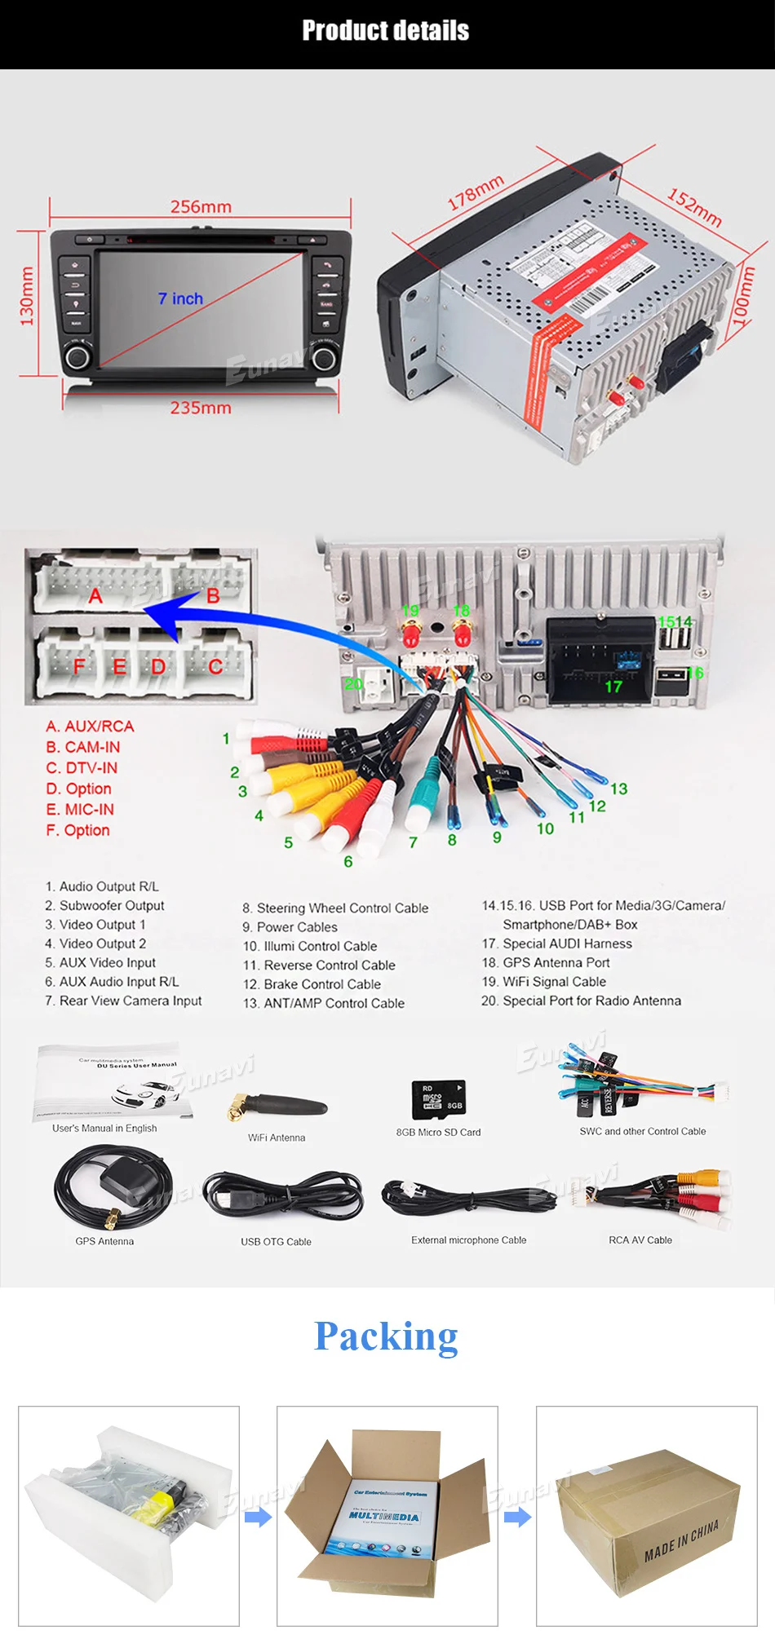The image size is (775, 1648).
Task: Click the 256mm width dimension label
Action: click(x=201, y=207)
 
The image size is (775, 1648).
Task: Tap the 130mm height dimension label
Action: click(x=27, y=296)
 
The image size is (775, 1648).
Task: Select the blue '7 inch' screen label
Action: click(x=180, y=299)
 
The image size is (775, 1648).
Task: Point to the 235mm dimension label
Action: click(x=201, y=408)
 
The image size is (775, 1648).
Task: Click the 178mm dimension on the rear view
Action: click(x=476, y=193)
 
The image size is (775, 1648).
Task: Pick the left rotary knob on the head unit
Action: click(x=77, y=356)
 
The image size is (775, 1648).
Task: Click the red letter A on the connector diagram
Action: click(x=95, y=596)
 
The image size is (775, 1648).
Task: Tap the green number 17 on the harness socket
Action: click(x=613, y=687)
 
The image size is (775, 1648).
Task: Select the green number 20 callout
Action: click(x=353, y=683)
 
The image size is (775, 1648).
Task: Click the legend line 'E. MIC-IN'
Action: click(x=80, y=810)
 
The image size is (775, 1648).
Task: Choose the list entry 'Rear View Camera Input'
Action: click(x=131, y=1001)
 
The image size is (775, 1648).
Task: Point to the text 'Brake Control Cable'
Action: click(x=322, y=984)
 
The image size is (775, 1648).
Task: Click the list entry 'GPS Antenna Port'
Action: click(x=556, y=962)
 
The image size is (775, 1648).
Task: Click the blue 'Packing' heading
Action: click(x=386, y=1337)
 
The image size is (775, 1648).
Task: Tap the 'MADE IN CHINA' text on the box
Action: click(x=681, y=1540)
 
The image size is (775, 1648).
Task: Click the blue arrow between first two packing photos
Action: click(x=258, y=1518)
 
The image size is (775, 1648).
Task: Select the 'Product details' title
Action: click(x=386, y=31)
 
